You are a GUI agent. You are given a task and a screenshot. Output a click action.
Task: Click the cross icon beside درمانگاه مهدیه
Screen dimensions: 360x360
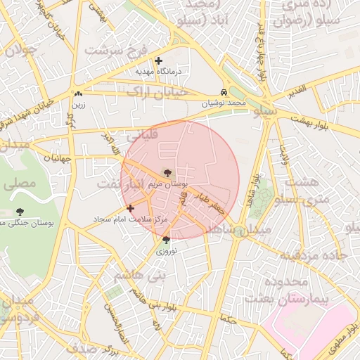tap(159, 61)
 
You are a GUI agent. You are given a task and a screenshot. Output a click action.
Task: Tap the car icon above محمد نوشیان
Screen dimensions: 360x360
tap(224, 93)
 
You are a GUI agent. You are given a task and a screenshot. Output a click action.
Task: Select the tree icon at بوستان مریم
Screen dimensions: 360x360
tap(167, 172)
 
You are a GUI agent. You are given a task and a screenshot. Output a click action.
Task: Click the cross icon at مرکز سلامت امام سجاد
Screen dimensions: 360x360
tap(130, 208)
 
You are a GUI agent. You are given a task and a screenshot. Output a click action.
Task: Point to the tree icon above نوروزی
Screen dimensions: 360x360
tap(166, 240)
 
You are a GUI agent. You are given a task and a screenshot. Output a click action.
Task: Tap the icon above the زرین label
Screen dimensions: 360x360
tap(78, 94)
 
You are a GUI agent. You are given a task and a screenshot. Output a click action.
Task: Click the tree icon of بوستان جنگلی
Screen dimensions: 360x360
tap(19, 212)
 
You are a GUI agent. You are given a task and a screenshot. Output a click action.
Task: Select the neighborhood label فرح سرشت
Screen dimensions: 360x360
tap(112, 51)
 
